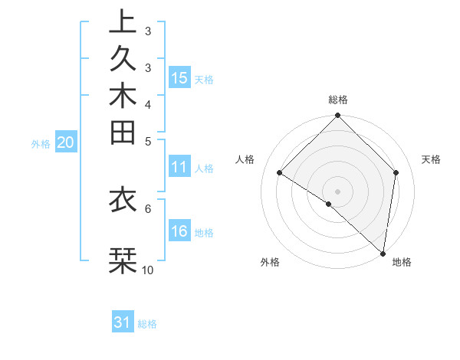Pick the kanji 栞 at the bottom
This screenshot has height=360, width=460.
[122, 260]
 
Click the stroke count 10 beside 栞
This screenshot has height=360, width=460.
[148, 270]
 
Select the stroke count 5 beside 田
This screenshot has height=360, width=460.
[148, 140]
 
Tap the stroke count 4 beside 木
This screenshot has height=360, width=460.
[148, 104]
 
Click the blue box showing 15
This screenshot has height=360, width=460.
[179, 77]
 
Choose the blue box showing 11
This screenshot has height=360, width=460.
[179, 167]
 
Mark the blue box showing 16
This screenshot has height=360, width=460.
[179, 231]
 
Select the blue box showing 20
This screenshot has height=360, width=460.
[65, 142]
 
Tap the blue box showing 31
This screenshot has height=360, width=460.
[123, 322]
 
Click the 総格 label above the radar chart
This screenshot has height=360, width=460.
[338, 100]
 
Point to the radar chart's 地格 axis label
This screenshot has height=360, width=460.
[402, 263]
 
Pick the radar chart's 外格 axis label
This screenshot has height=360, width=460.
[270, 263]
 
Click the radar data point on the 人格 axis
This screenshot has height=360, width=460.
[280, 173]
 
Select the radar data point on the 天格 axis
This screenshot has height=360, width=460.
[396, 173]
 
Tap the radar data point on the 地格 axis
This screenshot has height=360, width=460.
[383, 254]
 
